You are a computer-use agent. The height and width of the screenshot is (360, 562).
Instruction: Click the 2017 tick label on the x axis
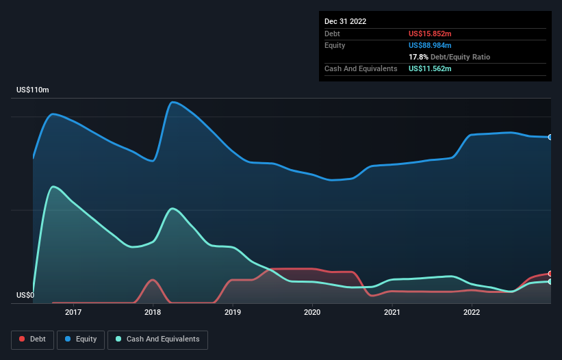73,312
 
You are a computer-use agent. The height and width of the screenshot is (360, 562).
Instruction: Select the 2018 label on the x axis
153,312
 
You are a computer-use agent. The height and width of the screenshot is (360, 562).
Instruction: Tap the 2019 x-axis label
233,312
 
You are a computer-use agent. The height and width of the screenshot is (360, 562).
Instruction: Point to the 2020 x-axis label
312,312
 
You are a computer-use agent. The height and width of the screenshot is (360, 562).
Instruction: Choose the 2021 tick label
392,312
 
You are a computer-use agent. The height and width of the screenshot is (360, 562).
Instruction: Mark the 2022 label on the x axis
472,312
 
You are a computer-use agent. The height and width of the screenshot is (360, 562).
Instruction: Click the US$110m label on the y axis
33,90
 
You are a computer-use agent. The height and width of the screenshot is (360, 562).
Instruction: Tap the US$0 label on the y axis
25,296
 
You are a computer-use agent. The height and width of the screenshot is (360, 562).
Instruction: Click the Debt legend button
32,339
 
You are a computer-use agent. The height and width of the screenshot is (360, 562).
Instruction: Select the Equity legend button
81,339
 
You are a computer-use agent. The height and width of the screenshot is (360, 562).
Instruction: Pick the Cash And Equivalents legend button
157,339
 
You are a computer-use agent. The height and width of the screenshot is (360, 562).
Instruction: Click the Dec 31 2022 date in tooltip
346,21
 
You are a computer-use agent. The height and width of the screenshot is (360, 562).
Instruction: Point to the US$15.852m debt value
430,34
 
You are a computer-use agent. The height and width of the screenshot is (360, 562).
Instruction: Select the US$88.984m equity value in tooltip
430,45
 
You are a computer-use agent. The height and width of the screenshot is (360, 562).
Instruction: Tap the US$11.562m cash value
430,68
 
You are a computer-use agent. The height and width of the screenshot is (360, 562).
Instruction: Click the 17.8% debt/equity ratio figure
419,57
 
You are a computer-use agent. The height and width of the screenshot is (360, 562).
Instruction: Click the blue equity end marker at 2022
550,137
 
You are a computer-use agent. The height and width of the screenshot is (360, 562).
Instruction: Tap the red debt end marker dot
550,274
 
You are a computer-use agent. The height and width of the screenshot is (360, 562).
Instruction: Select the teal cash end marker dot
550,281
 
